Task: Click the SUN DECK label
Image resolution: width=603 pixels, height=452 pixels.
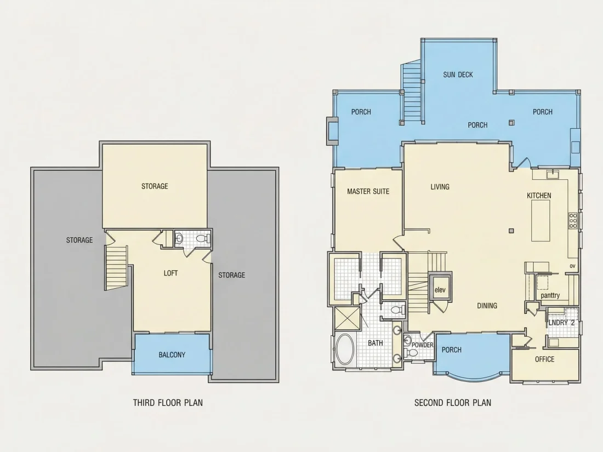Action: pyautogui.click(x=458, y=75)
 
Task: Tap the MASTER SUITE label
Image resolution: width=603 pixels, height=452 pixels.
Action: pyautogui.click(x=368, y=191)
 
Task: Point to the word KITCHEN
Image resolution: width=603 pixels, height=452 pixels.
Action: pyautogui.click(x=539, y=196)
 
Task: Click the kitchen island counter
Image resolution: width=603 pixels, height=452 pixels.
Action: pyautogui.click(x=541, y=221)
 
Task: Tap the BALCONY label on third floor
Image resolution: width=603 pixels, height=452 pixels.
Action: pyautogui.click(x=172, y=355)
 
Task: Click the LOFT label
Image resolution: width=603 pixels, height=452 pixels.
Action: pyautogui.click(x=170, y=273)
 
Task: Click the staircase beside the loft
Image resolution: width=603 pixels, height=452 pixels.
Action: pyautogui.click(x=116, y=268)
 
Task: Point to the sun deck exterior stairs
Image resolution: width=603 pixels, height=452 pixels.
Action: pyautogui.click(x=412, y=91)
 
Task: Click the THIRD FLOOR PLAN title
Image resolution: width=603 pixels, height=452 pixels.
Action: pyautogui.click(x=168, y=403)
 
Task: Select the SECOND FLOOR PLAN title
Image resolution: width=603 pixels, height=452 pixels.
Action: pyautogui.click(x=453, y=403)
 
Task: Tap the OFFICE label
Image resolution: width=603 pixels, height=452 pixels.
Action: pyautogui.click(x=544, y=359)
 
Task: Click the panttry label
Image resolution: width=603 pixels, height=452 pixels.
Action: pyautogui.click(x=550, y=295)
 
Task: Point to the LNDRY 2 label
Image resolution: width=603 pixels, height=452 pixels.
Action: pyautogui.click(x=561, y=323)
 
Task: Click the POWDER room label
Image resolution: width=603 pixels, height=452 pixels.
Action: pyautogui.click(x=422, y=345)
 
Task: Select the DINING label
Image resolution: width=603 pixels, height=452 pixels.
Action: pyautogui.click(x=487, y=306)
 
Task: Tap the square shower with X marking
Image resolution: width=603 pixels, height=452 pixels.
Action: pyautogui.click(x=348, y=318)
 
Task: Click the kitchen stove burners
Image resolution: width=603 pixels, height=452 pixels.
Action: pyautogui.click(x=573, y=221)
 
